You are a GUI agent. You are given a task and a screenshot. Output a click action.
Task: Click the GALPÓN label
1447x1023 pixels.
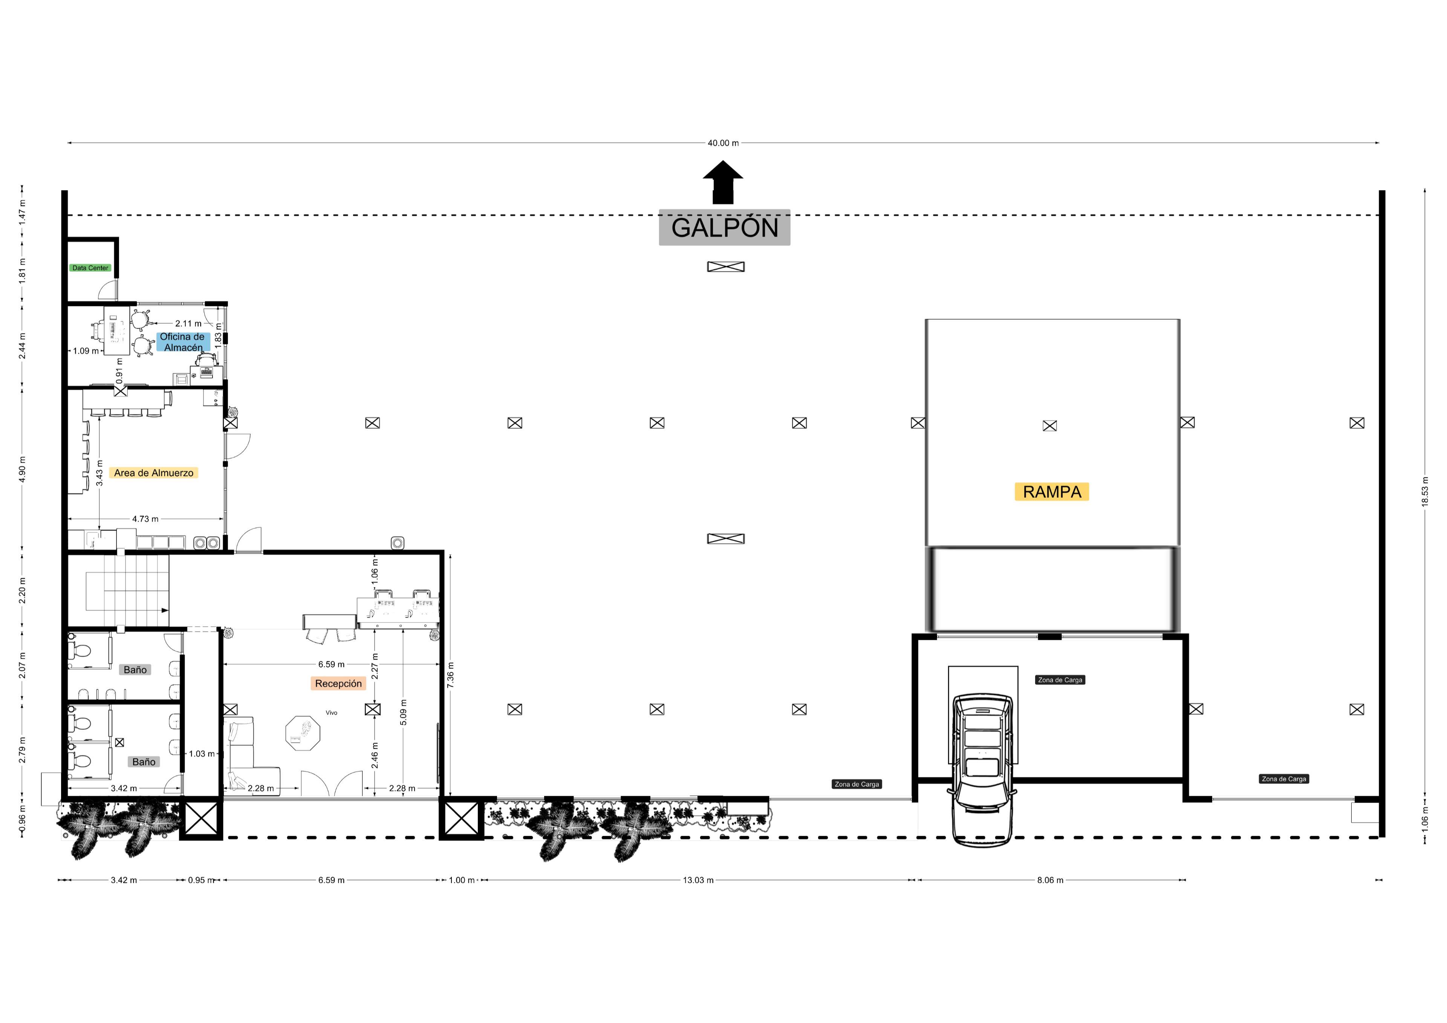click(x=724, y=228)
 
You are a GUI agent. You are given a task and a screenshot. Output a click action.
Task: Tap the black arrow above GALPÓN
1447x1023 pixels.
click(x=723, y=182)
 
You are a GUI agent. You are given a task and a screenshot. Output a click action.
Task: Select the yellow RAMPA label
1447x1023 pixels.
click(x=1052, y=492)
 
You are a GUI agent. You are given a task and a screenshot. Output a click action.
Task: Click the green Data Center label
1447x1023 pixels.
click(x=90, y=268)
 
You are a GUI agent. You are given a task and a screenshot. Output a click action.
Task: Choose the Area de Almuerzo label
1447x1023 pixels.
click(x=154, y=473)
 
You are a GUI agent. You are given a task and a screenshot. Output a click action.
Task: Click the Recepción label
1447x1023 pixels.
click(x=338, y=683)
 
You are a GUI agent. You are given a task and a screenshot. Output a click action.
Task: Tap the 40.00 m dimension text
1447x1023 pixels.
click(x=723, y=143)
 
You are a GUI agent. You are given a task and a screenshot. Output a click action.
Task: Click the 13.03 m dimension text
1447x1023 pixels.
click(x=698, y=880)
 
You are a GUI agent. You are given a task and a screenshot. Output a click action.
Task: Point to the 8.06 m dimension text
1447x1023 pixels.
click(x=1050, y=880)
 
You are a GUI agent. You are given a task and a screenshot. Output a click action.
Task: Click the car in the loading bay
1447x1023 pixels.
click(x=982, y=770)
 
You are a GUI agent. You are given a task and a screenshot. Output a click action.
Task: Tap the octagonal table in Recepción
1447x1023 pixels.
click(x=303, y=733)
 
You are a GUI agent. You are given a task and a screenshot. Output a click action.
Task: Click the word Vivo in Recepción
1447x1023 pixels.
click(x=332, y=713)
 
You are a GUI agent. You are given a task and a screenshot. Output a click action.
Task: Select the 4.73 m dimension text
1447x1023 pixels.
click(x=145, y=519)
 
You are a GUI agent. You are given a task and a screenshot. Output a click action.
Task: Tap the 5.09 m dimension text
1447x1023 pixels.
click(x=403, y=712)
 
